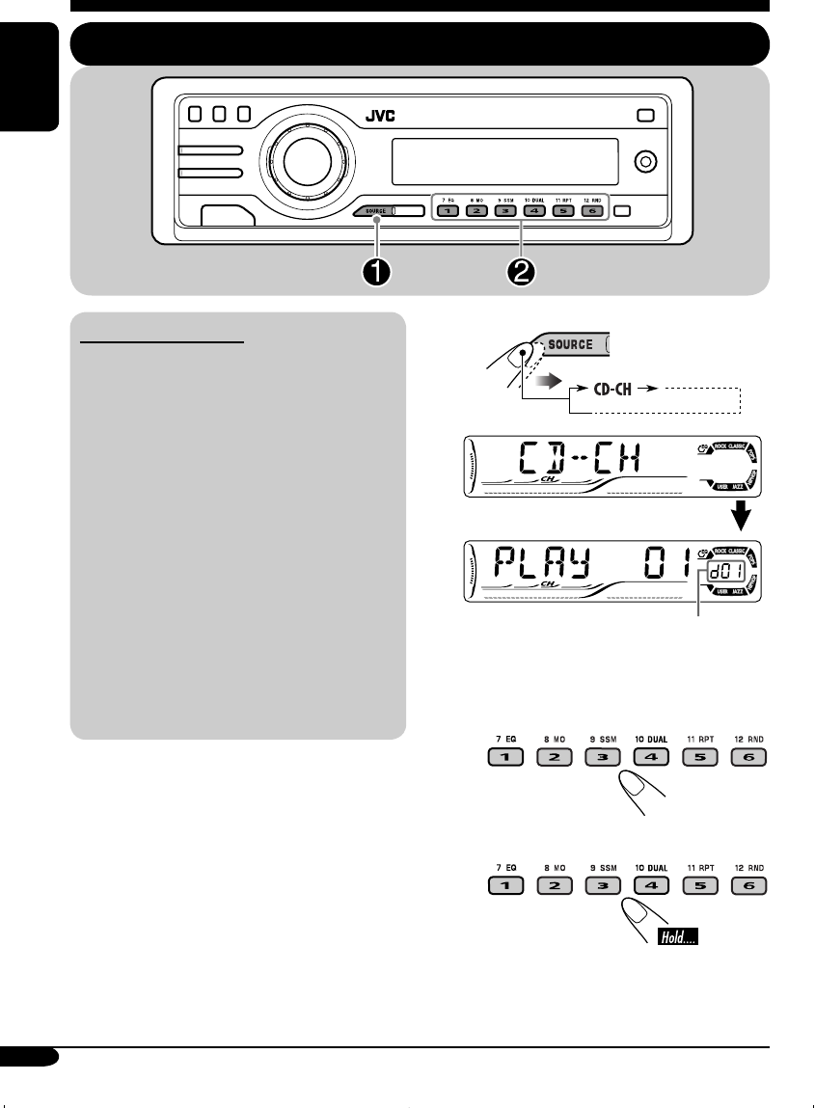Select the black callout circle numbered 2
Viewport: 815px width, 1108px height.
coord(522,273)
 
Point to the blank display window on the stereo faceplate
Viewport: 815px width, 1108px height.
coord(504,160)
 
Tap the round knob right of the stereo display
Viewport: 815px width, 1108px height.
coord(641,161)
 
